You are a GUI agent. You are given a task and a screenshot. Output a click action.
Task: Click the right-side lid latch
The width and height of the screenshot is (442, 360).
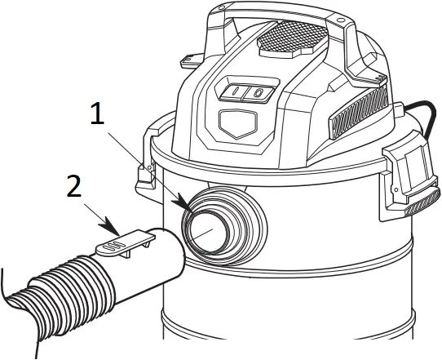pyautogui.click(x=407, y=176)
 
